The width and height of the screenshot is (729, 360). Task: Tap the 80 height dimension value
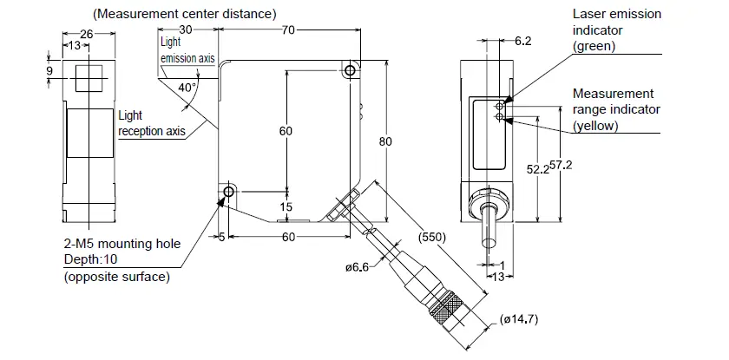[385, 143]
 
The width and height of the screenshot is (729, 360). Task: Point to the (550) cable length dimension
[431, 234]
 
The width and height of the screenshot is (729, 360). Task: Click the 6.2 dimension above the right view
[525, 41]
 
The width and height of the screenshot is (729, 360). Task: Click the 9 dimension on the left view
[49, 72]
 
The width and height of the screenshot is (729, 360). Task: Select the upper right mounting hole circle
[349, 70]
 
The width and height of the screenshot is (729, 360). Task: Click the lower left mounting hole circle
[228, 191]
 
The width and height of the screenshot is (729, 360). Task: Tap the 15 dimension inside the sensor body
[286, 207]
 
